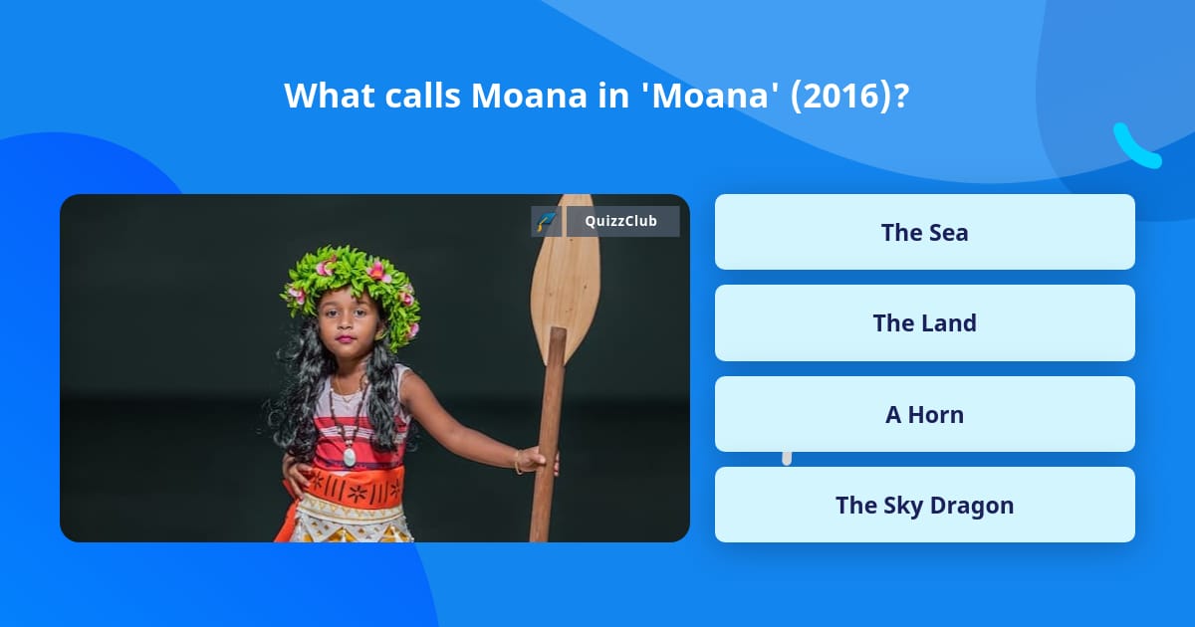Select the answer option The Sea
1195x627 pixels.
click(924, 232)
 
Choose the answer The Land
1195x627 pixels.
click(924, 322)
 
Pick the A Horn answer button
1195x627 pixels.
click(924, 414)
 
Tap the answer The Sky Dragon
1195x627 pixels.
click(924, 505)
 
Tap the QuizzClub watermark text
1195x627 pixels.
click(621, 221)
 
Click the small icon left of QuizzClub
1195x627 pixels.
click(546, 221)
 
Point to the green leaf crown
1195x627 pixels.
click(351, 284)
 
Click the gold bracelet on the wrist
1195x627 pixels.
click(518, 461)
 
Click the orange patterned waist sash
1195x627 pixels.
click(354, 488)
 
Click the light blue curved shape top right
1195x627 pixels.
click(1135, 147)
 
